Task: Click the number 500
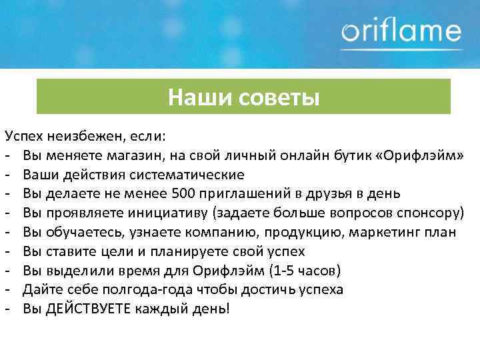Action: [x=183, y=194]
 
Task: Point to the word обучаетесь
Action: [x=83, y=233]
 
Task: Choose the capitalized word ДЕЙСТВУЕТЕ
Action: [x=89, y=309]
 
